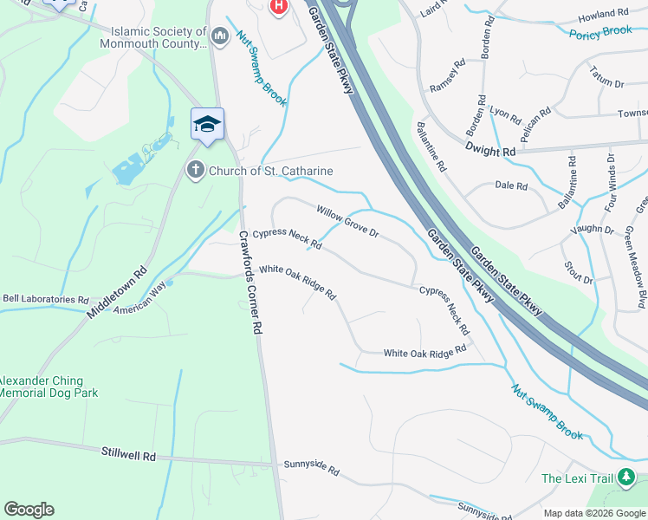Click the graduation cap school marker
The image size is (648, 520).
[x=207, y=125]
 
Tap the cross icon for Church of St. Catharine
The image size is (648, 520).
[x=197, y=170]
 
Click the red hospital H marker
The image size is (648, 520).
[x=278, y=8]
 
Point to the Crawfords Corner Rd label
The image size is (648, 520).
[x=250, y=283]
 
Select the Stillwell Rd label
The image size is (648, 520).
[x=127, y=454]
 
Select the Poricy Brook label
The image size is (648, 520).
[x=600, y=33]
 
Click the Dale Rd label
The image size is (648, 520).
[x=511, y=185]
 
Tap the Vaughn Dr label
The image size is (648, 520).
[x=592, y=231]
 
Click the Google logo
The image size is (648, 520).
[x=29, y=510]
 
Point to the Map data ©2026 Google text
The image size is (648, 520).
[x=593, y=513]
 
